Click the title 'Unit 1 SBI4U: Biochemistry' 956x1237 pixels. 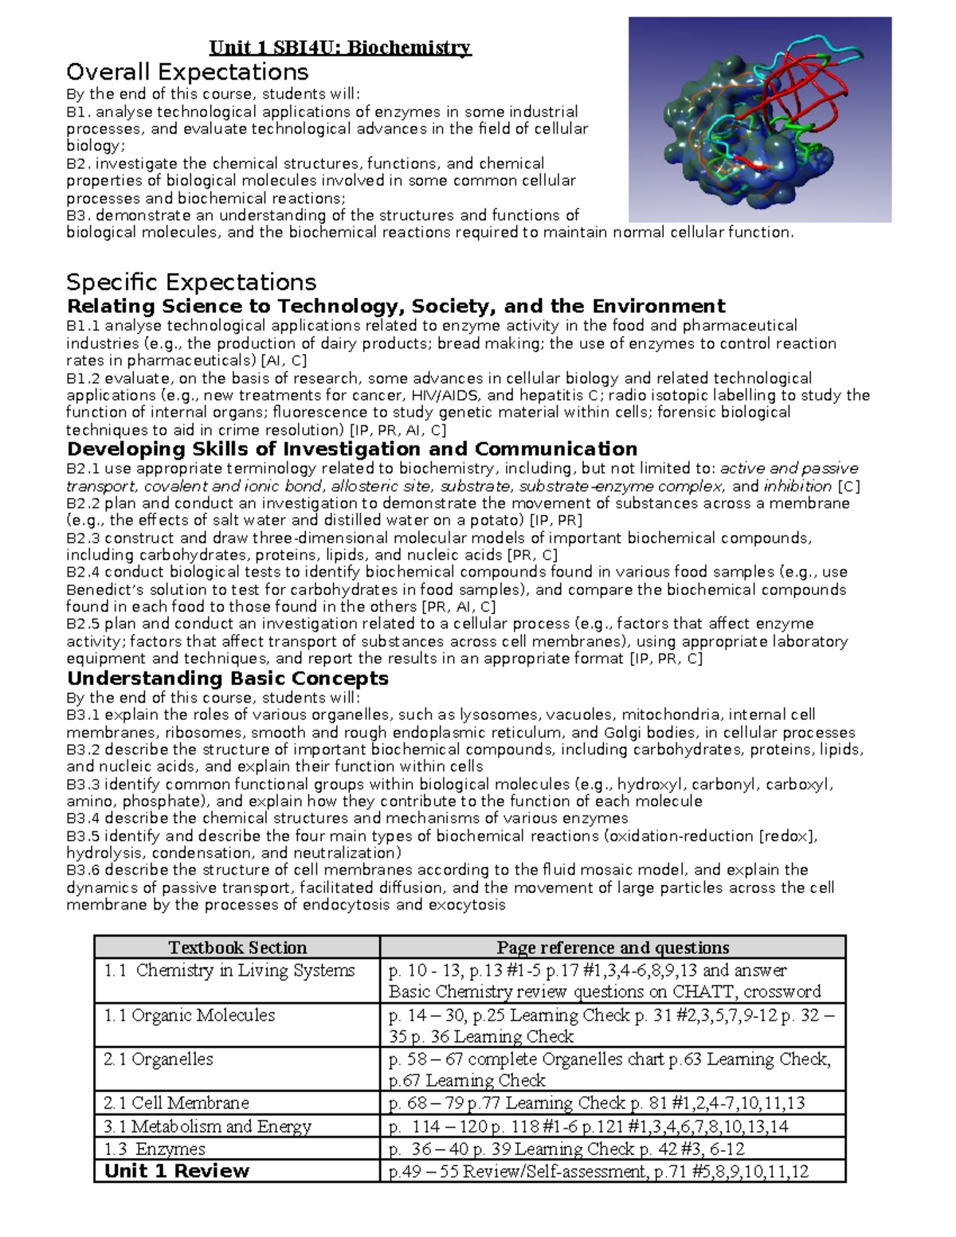click(x=340, y=48)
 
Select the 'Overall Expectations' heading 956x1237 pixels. click(x=187, y=72)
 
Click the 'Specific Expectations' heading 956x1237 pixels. click(x=191, y=282)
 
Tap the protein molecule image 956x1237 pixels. click(x=759, y=119)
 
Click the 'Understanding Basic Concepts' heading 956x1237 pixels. click(x=228, y=679)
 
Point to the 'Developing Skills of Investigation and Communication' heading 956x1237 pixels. click(x=351, y=449)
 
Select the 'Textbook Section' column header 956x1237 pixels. click(x=237, y=948)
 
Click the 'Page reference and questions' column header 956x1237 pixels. click(x=613, y=948)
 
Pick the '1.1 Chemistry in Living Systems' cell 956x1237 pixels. click(x=229, y=970)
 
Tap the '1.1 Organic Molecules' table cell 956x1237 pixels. click(x=190, y=1016)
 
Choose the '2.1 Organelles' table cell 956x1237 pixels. click(x=159, y=1059)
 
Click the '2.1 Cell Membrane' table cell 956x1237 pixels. click(x=176, y=1103)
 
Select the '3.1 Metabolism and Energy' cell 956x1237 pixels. click(x=207, y=1126)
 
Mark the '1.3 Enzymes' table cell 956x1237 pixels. click(x=155, y=1149)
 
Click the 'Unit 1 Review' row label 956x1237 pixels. click(x=177, y=1171)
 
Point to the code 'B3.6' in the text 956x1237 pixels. click(x=83, y=870)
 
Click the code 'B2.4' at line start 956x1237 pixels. click(x=83, y=572)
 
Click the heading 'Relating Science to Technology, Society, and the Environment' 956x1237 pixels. click(x=396, y=307)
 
